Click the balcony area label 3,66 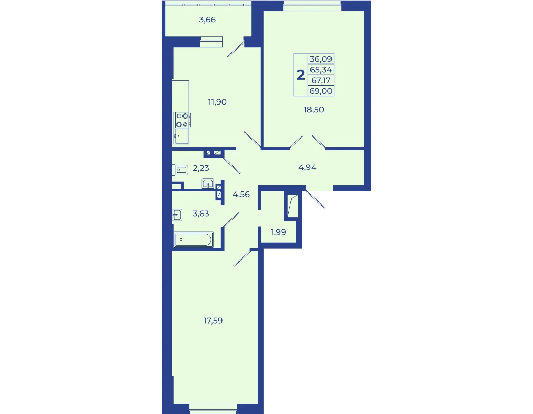207,20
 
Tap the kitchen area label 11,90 217,102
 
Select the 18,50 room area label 314,110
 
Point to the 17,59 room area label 213,321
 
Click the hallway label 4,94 307,167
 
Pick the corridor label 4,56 241,194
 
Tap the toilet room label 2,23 201,168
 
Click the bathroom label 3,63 201,214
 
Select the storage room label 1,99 278,232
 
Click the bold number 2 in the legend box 301,75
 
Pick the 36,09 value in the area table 321,59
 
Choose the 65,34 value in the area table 321,70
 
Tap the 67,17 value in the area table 321,80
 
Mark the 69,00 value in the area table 321,91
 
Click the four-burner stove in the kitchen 182,120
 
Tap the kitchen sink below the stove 181,136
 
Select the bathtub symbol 194,240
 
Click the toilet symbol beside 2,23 180,170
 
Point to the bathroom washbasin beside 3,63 177,215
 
